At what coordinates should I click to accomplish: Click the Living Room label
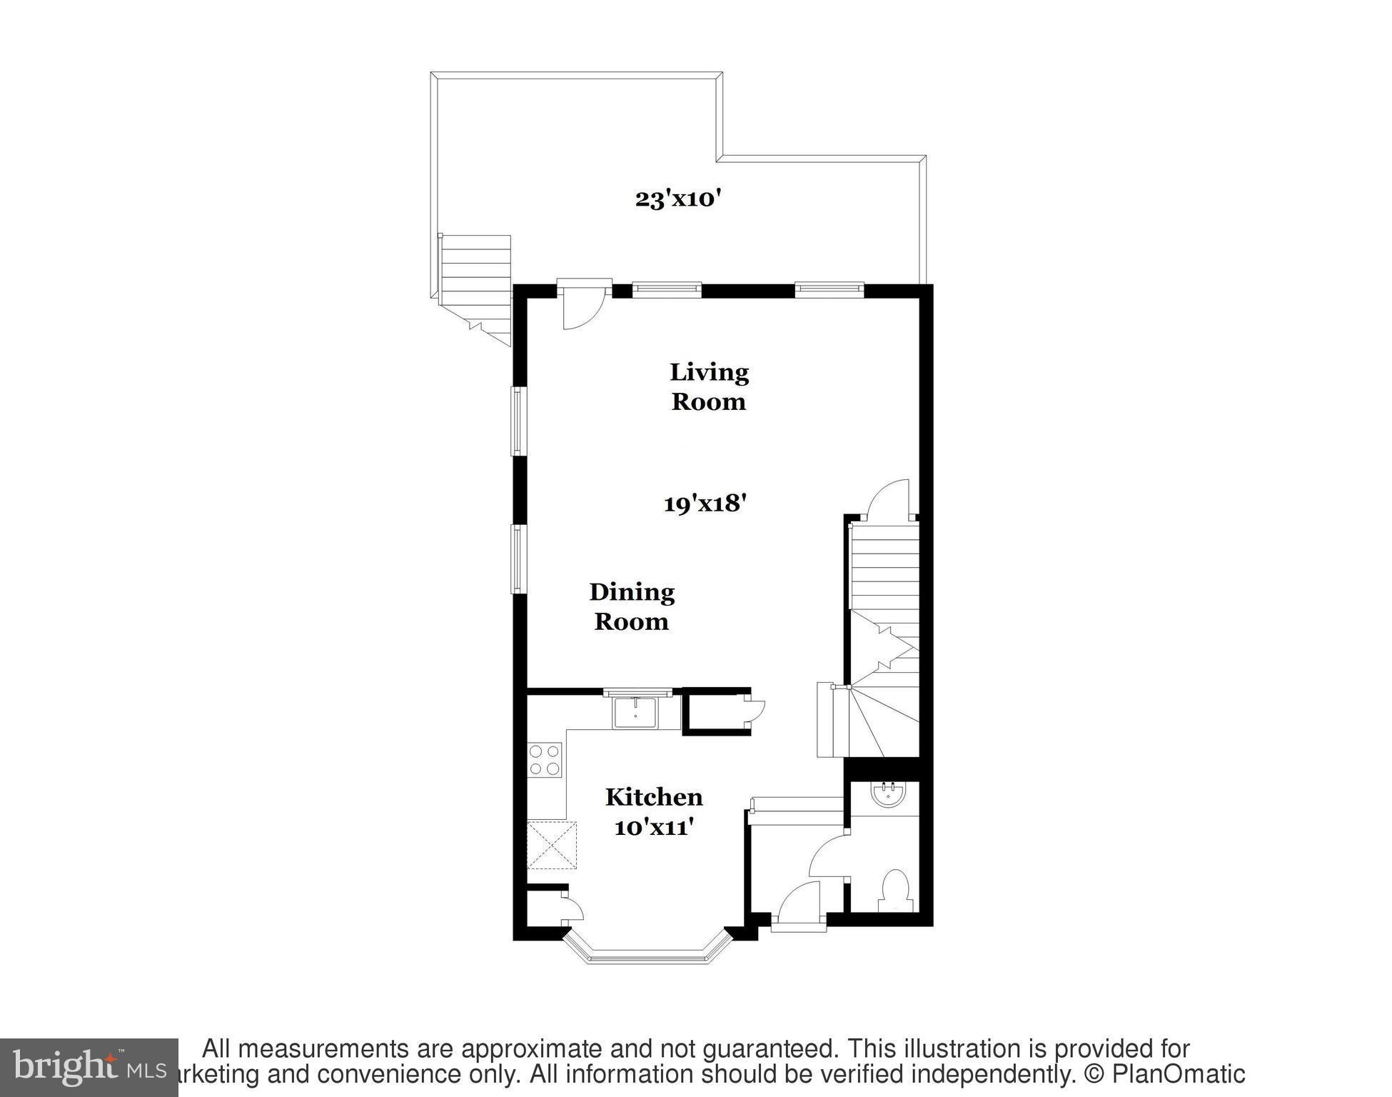click(708, 386)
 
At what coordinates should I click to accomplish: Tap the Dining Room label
click(631, 606)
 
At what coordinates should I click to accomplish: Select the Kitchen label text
click(654, 796)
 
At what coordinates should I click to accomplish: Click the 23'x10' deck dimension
click(675, 199)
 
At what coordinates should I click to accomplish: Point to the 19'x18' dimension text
click(705, 504)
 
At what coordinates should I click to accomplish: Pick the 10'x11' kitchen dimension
click(654, 827)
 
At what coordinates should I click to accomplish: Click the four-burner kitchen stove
click(545, 759)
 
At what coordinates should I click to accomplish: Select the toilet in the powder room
click(893, 890)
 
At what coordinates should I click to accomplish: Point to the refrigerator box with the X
click(552, 845)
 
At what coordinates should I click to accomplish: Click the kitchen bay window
click(648, 951)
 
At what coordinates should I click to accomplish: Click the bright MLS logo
click(89, 1068)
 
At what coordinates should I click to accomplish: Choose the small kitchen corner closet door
click(573, 907)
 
